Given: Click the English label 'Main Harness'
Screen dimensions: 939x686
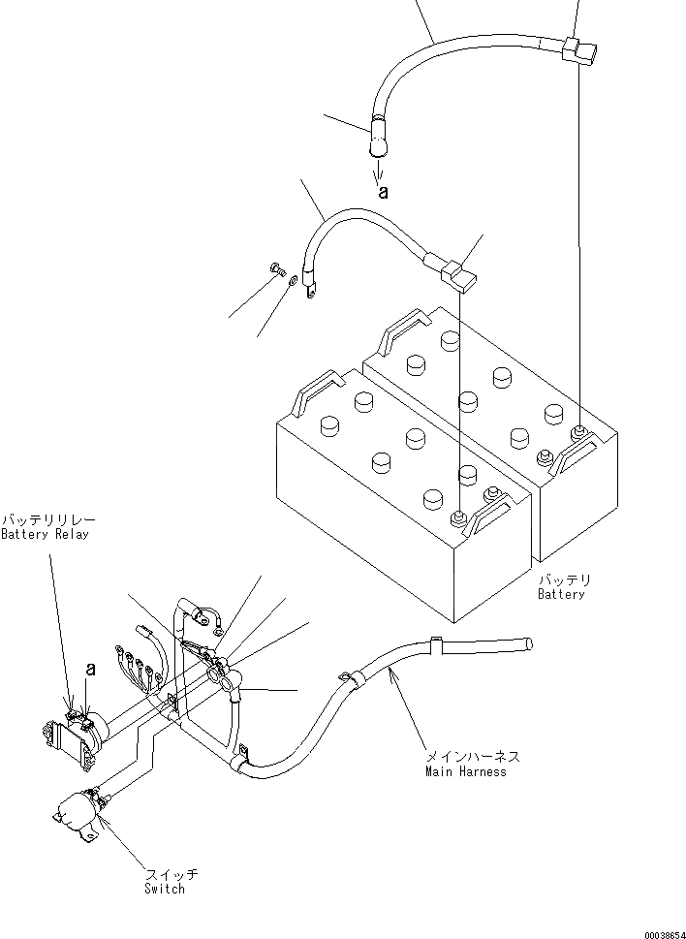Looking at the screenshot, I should (465, 771).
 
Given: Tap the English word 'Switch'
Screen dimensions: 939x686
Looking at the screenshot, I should (165, 889).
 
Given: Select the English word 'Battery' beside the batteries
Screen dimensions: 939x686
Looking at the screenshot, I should (562, 594).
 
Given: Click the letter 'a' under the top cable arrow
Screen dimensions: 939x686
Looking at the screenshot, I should (384, 191).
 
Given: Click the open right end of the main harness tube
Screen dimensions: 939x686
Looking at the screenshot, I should (528, 643).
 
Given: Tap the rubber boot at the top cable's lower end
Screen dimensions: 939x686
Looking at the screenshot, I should (377, 140).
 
